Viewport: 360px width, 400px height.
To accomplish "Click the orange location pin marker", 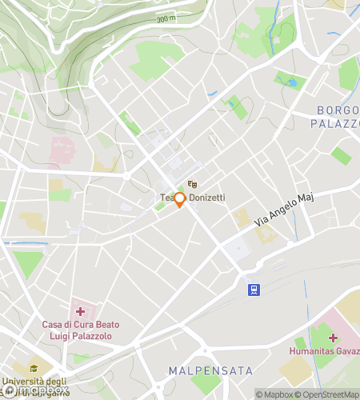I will coord(180,200).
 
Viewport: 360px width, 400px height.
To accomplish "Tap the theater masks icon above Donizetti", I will coord(191,185).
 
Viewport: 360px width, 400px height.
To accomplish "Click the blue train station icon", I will coord(254,290).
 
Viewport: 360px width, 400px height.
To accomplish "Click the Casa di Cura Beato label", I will coord(78,325).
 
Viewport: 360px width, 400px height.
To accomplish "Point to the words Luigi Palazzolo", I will coord(78,336).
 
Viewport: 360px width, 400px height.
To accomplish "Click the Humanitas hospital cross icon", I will coord(334,338).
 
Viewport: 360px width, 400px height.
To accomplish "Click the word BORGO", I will coord(335,110).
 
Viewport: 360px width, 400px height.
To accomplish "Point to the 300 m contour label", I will coord(166,18).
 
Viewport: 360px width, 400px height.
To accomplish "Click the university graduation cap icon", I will coord(34,369).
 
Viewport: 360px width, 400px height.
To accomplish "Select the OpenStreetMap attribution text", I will coord(327,394).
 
